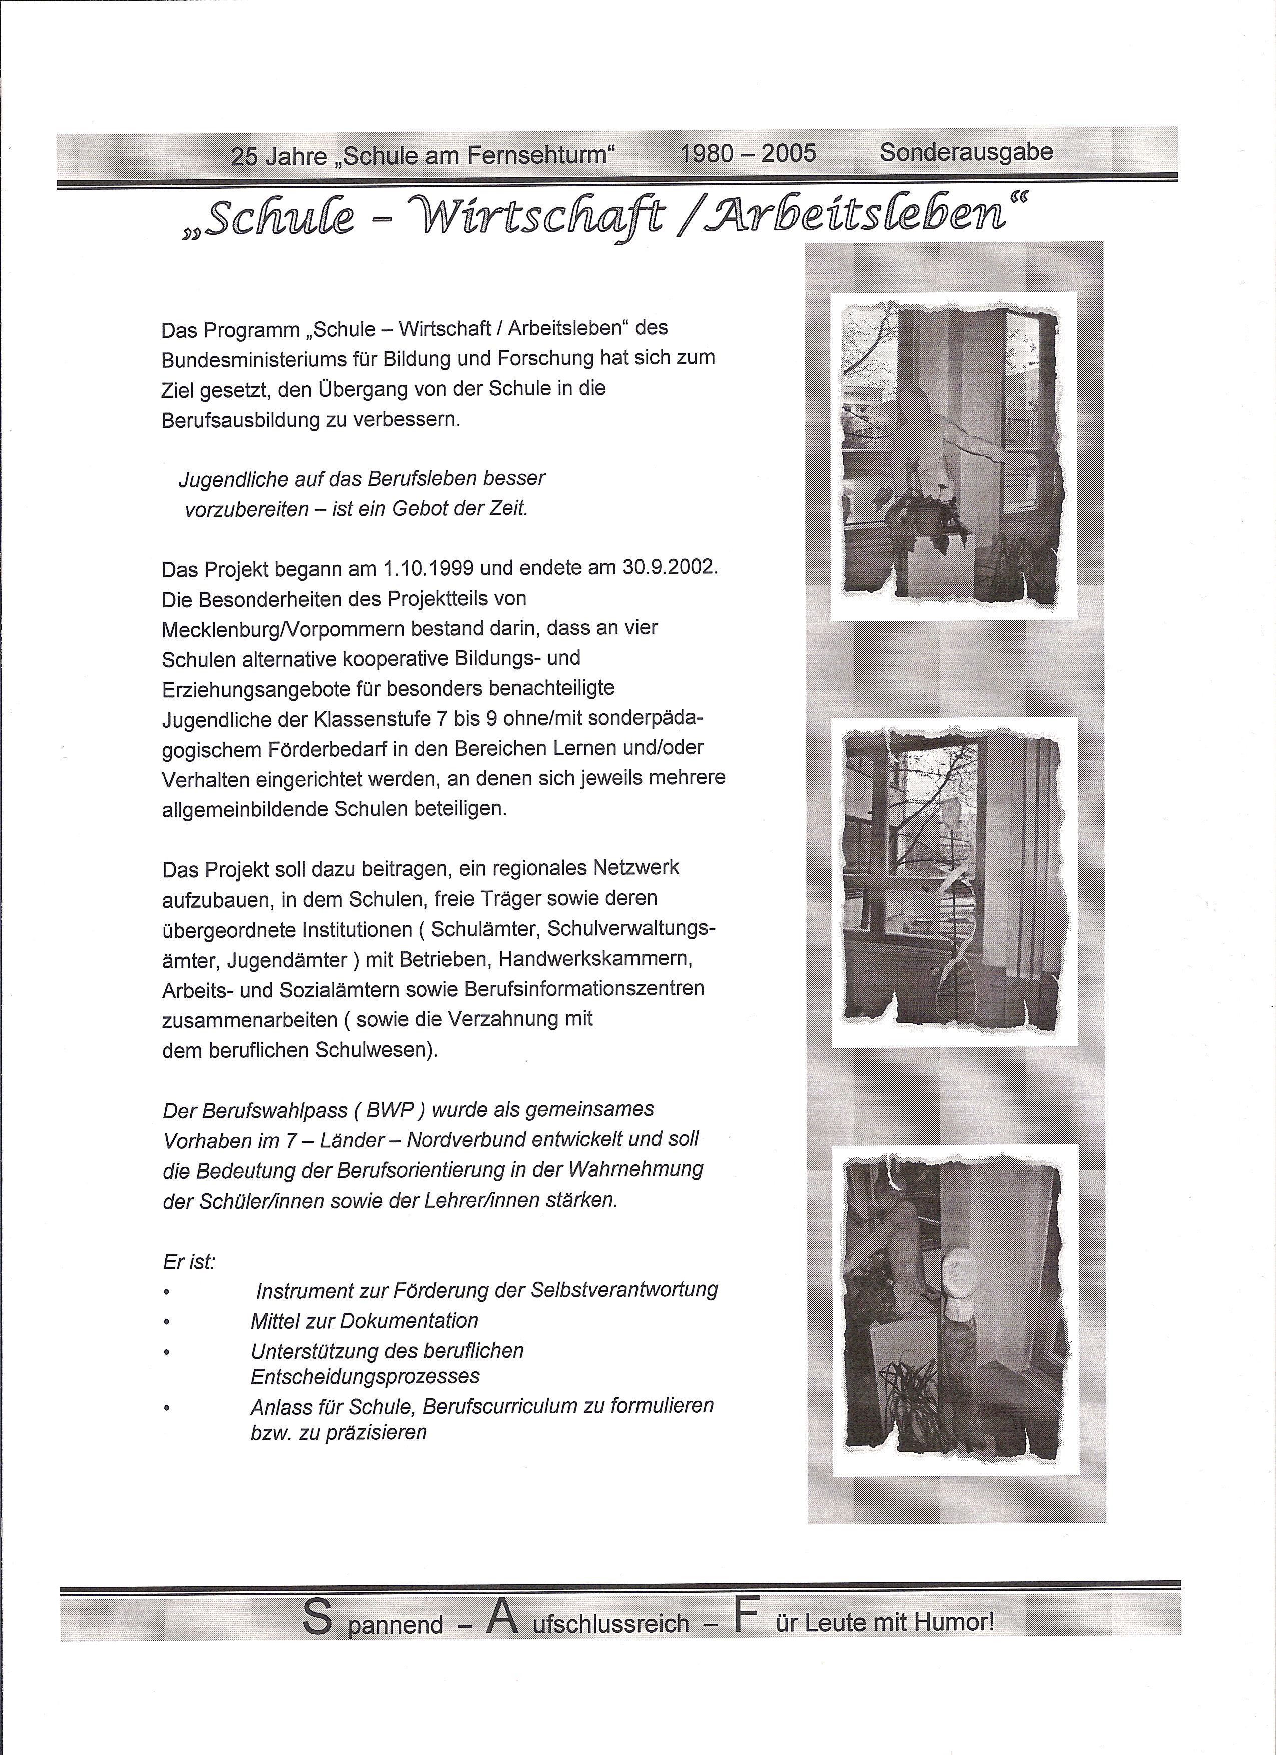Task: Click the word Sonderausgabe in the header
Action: coord(966,152)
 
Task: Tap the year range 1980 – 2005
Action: coord(748,153)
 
